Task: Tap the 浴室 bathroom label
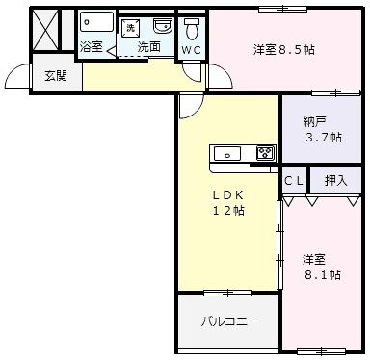point(92,45)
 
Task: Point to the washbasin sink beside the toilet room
point(163,24)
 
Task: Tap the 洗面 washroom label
point(147,45)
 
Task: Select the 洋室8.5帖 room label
point(283,48)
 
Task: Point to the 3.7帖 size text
point(322,138)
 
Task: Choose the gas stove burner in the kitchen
point(265,151)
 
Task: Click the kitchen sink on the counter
point(229,151)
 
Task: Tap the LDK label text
point(228,194)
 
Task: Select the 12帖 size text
point(228,211)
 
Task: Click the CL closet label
point(293,180)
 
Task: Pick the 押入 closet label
point(335,180)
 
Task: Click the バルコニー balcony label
point(229,321)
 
